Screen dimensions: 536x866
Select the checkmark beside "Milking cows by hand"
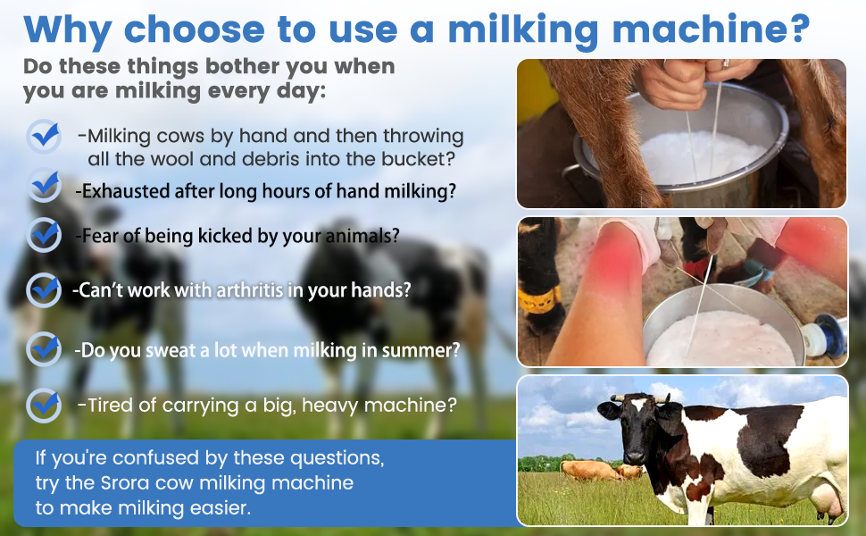(43, 137)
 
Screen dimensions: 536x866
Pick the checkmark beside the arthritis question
(43, 289)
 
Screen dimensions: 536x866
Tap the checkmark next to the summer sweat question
(43, 348)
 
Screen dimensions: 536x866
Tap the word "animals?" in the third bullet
(360, 236)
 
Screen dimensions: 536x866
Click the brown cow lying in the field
(589, 470)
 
